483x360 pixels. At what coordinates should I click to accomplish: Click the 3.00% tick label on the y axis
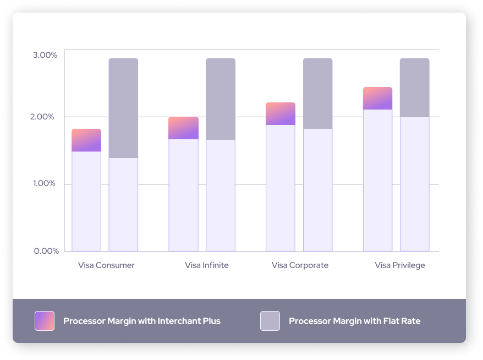coord(45,55)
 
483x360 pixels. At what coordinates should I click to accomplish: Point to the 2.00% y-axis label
coord(45,117)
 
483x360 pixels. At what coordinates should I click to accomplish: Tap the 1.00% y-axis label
coord(45,184)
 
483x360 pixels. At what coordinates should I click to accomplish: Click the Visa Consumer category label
coord(106,265)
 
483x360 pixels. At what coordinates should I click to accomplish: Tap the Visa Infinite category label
coord(206,265)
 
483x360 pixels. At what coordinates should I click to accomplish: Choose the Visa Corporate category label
coord(300,265)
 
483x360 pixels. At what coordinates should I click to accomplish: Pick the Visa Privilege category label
coord(400,265)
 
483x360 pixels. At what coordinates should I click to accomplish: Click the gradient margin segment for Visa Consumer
coord(86,140)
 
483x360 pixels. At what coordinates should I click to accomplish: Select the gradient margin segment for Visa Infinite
coord(183,128)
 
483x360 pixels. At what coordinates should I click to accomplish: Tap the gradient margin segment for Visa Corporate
coord(281,114)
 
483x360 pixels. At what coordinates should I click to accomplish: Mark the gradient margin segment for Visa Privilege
coord(377,99)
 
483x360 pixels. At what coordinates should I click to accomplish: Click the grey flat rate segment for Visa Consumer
coord(123,108)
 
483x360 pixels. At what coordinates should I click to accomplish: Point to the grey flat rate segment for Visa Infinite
coord(221,99)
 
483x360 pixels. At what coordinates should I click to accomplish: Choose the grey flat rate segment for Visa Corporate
coord(317,94)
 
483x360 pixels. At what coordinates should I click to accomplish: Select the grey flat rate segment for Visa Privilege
coord(414,88)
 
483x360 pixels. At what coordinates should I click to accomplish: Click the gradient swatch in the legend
coord(45,321)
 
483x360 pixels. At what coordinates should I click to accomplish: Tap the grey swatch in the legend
coord(270,321)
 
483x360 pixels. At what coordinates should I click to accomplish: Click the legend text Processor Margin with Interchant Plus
coord(141,321)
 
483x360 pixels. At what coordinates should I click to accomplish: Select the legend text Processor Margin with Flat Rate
coord(354,321)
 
